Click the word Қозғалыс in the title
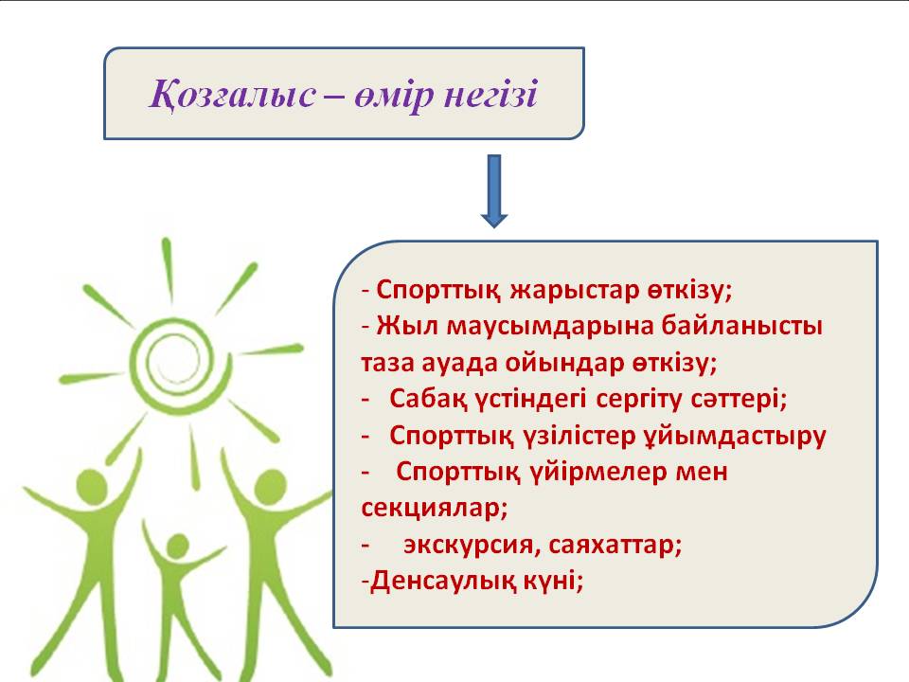233,95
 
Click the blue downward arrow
494,190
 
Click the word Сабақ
428,399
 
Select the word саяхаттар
615,546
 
